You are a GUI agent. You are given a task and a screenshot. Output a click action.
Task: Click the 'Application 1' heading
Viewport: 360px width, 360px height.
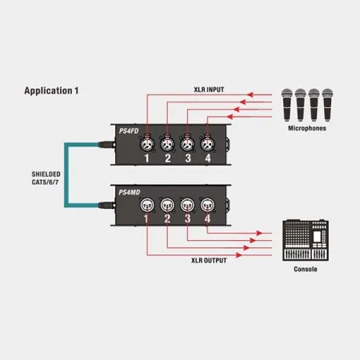[x=51, y=90]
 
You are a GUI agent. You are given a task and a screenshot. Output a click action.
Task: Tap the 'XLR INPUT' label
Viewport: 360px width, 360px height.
[x=209, y=90]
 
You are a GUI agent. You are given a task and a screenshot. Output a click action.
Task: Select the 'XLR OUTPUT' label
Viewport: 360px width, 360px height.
[x=209, y=261]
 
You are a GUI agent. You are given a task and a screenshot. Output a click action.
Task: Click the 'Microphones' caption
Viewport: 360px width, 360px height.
[x=307, y=128]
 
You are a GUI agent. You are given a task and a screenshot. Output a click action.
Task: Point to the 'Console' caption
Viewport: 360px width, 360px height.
[x=306, y=269]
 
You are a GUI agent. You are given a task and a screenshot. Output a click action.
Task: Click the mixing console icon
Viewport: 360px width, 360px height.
[x=306, y=240]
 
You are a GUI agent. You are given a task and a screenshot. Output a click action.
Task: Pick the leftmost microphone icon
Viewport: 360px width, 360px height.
[x=287, y=105]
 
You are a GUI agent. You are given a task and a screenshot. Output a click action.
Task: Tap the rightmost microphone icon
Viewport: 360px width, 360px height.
[x=327, y=105]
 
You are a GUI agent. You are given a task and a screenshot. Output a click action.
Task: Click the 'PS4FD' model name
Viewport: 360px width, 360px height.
[x=129, y=131]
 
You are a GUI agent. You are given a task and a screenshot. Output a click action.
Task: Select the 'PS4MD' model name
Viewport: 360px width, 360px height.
[x=130, y=192]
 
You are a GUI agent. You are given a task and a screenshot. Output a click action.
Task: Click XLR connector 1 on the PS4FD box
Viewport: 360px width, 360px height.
[x=147, y=144]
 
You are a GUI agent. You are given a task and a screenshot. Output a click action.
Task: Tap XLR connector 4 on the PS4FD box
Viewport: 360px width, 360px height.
[x=207, y=144]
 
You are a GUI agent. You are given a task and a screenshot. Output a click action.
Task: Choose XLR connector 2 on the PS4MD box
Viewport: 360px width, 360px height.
[x=167, y=205]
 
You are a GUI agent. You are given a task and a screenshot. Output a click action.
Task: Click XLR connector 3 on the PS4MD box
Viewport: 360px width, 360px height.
[x=187, y=205]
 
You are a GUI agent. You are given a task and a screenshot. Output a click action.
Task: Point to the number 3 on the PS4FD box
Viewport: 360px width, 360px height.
[x=188, y=158]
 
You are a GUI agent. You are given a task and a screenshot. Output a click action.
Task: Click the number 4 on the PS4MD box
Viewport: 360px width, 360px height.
[x=207, y=218]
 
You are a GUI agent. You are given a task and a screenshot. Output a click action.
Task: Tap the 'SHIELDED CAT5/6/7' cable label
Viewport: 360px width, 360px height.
[x=46, y=178]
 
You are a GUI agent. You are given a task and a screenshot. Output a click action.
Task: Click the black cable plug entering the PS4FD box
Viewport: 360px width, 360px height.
[x=106, y=145]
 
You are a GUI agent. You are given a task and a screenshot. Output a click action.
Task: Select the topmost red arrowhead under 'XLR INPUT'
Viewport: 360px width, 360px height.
[x=250, y=94]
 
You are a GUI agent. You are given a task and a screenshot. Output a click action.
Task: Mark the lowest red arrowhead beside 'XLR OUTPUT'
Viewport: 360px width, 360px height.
[x=239, y=255]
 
